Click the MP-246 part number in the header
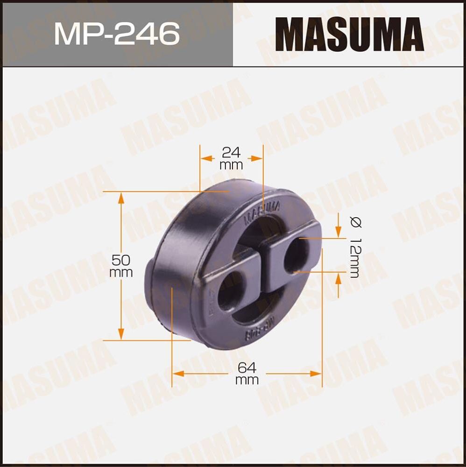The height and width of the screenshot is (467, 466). point(117,34)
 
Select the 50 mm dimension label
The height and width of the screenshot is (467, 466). point(121,266)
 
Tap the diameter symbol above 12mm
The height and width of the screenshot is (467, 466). point(354,223)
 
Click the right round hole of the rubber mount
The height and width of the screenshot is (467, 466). point(297,255)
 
